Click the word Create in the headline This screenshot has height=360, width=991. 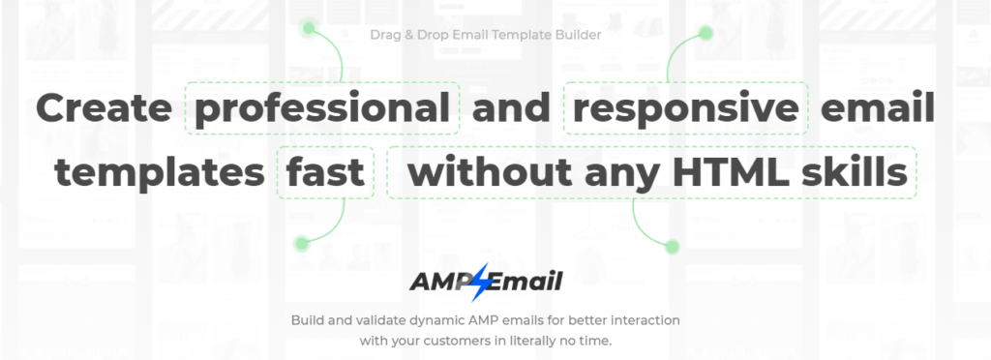104,108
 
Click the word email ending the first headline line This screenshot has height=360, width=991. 877,108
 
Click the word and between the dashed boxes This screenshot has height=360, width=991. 511,108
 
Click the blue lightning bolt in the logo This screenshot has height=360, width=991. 482,282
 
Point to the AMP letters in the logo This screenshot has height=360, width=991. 442,282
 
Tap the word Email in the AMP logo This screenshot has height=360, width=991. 524,282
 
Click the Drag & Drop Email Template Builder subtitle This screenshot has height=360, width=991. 486,35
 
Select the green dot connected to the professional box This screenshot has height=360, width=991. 309,28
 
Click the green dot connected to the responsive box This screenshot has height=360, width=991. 706,33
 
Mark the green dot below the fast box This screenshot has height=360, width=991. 302,243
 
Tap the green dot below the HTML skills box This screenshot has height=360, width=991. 672,247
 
